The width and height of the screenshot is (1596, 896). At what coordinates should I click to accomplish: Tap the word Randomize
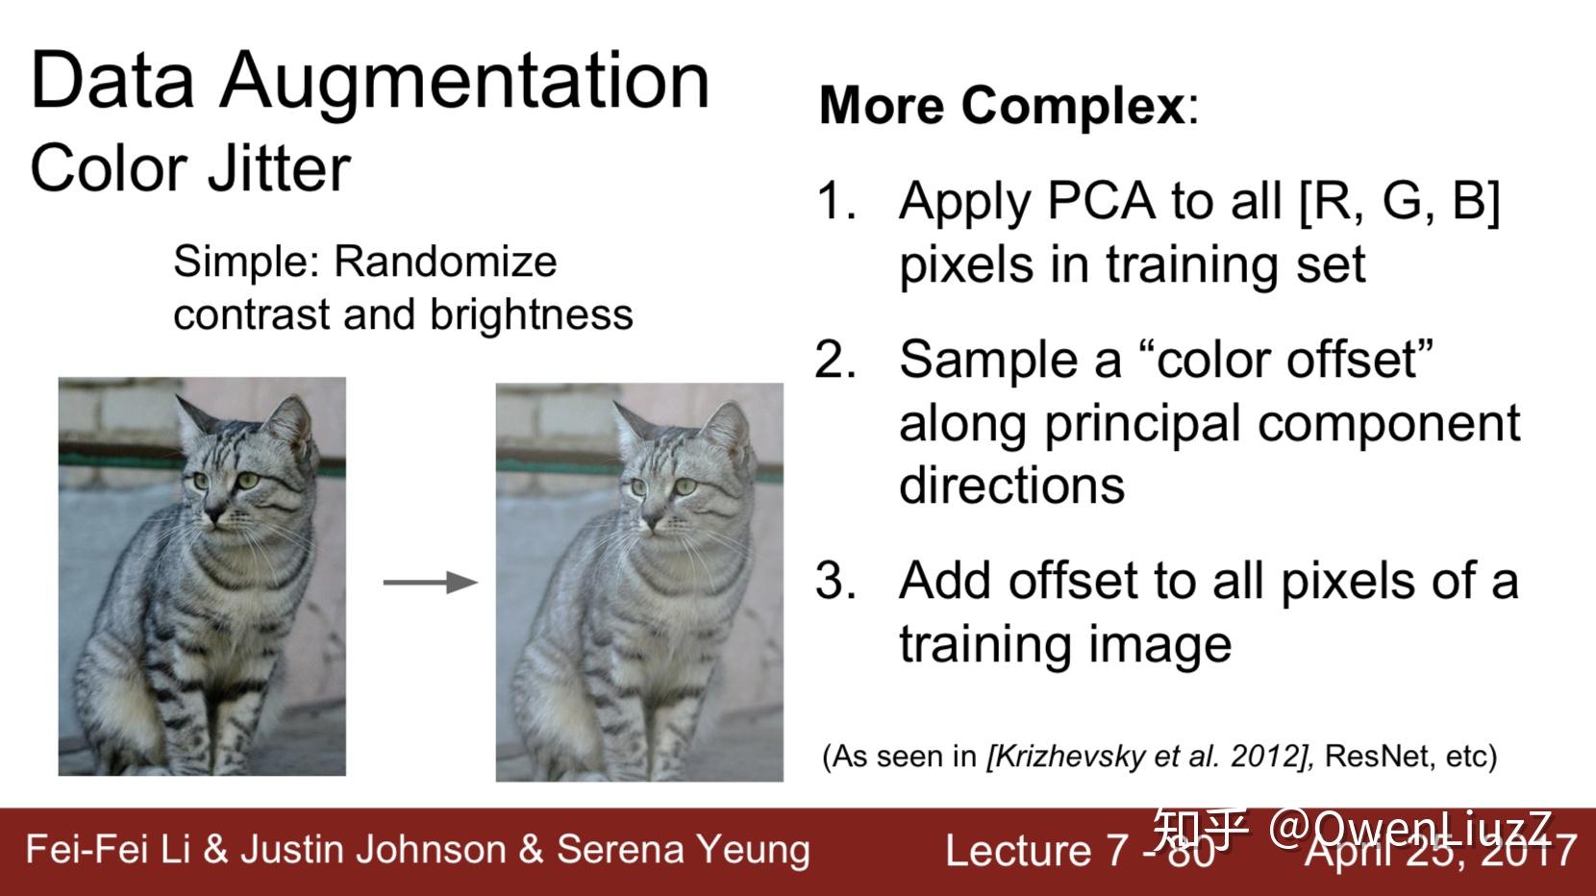[x=445, y=262]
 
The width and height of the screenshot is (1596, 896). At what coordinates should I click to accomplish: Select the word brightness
[x=532, y=314]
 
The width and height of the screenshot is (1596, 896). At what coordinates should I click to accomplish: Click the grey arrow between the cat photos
[x=431, y=582]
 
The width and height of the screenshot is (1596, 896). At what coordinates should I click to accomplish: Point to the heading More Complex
[x=1002, y=106]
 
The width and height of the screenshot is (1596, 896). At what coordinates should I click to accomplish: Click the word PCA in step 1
[x=1101, y=201]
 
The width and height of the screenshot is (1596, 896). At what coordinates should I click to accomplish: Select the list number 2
[x=835, y=360]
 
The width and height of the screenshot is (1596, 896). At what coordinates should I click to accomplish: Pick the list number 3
[x=835, y=581]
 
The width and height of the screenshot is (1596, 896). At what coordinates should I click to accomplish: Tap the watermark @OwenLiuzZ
[x=1410, y=829]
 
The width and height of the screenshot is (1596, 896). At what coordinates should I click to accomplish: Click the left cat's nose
[x=213, y=512]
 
